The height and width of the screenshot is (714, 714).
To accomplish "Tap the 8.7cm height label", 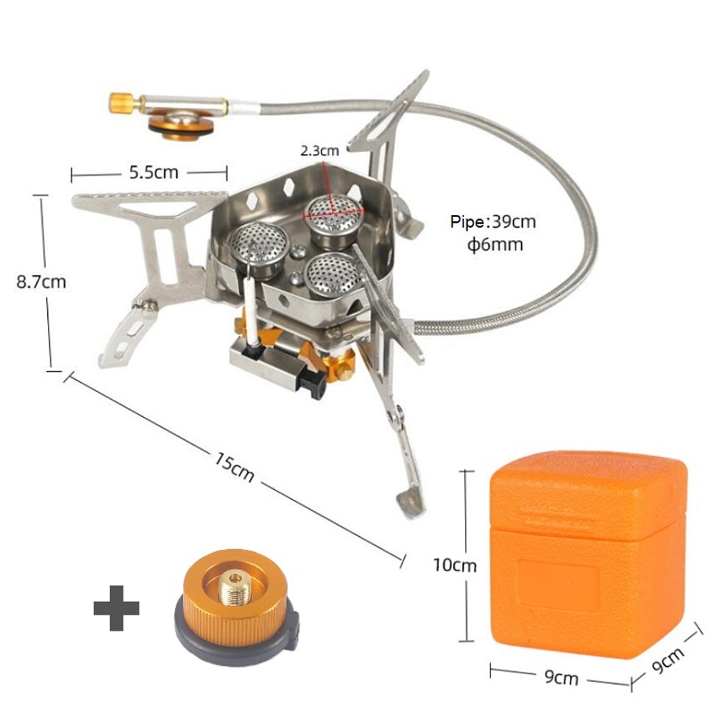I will pyautogui.click(x=41, y=281).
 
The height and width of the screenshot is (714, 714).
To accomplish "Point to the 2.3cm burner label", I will pyautogui.click(x=319, y=151).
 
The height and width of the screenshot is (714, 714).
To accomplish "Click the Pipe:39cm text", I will pyautogui.click(x=493, y=222).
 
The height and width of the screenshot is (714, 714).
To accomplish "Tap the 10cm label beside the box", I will pyautogui.click(x=455, y=565).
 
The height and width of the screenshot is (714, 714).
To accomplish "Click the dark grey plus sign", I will pyautogui.click(x=116, y=609).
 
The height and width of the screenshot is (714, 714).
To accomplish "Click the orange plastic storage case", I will pyautogui.click(x=585, y=550).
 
